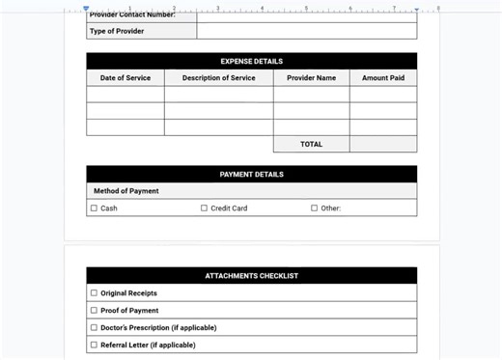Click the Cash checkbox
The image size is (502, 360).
pos(95,208)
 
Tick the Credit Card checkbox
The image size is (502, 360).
pos(205,208)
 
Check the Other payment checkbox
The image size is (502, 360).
pos(315,208)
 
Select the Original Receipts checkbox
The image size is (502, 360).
pos(95,293)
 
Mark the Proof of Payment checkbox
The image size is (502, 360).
pos(95,311)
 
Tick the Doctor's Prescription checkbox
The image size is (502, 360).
pos(95,328)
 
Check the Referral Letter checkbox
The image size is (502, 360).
pos(95,345)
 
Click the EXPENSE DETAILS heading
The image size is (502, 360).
pos(251,62)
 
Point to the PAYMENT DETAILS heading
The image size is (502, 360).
pos(251,175)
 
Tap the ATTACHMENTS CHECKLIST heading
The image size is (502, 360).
pos(251,276)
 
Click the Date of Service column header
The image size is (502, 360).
pos(125,78)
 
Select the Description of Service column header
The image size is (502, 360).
pos(218,78)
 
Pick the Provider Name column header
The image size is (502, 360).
pos(311,78)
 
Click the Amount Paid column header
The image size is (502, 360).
pos(383,78)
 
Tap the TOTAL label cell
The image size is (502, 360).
pos(311,145)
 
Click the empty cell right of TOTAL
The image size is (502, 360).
pos(383,145)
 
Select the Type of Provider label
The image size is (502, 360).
pos(117,32)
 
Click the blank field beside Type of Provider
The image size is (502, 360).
pos(306,32)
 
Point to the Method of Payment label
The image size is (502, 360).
pos(126,191)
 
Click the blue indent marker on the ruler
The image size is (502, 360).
pos(86,9)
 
